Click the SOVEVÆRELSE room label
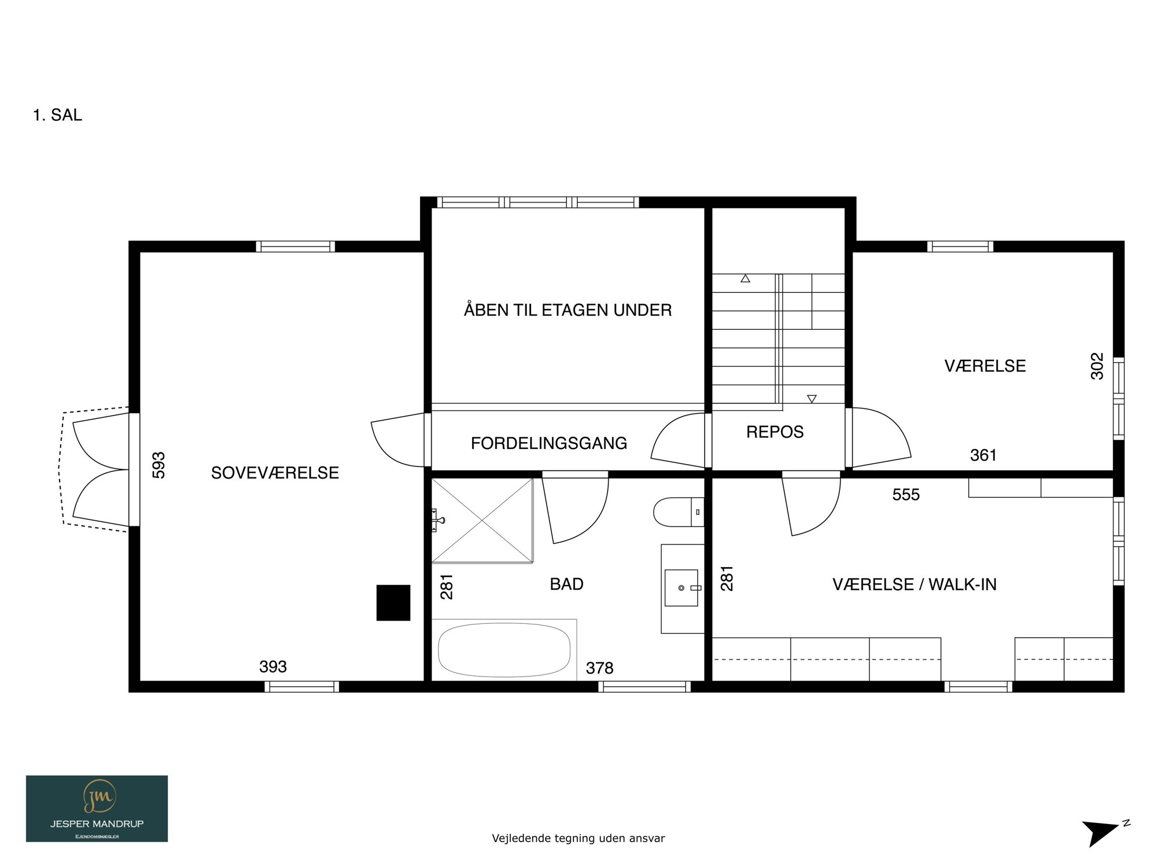click(x=275, y=473)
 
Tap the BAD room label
click(x=566, y=584)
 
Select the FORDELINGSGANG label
click(x=549, y=443)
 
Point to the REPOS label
click(x=775, y=432)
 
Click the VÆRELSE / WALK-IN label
click(x=915, y=584)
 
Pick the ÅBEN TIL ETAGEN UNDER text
click(x=568, y=310)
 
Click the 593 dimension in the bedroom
click(x=159, y=465)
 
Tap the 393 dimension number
click(x=273, y=667)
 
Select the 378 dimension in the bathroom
click(x=599, y=668)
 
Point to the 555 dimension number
click(x=906, y=495)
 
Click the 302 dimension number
click(x=1097, y=366)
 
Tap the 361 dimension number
click(x=983, y=455)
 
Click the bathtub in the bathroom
click(x=504, y=650)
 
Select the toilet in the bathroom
click(x=679, y=512)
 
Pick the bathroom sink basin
click(x=681, y=588)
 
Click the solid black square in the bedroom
click(x=393, y=603)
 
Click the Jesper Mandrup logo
click(x=97, y=808)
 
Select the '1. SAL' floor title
click(x=57, y=115)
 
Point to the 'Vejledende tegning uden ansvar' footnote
click(x=578, y=838)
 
